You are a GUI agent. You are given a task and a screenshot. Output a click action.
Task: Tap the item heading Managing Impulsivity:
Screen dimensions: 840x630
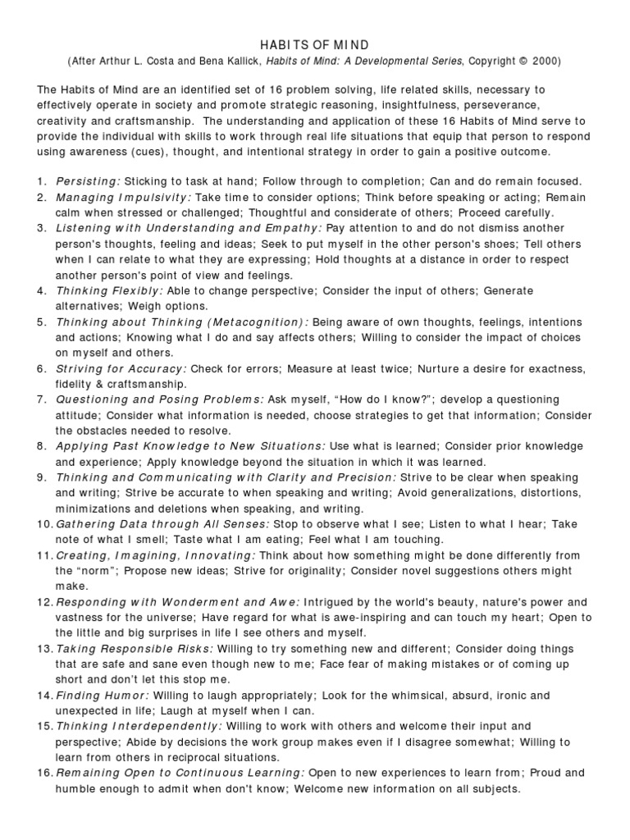tap(123, 198)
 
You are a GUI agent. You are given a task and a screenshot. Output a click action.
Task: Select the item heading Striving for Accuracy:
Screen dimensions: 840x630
tap(121, 368)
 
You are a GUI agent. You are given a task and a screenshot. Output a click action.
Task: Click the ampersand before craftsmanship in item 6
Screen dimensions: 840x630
tap(96, 384)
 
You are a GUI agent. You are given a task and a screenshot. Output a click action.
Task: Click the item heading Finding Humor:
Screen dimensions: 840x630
tap(102, 695)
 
